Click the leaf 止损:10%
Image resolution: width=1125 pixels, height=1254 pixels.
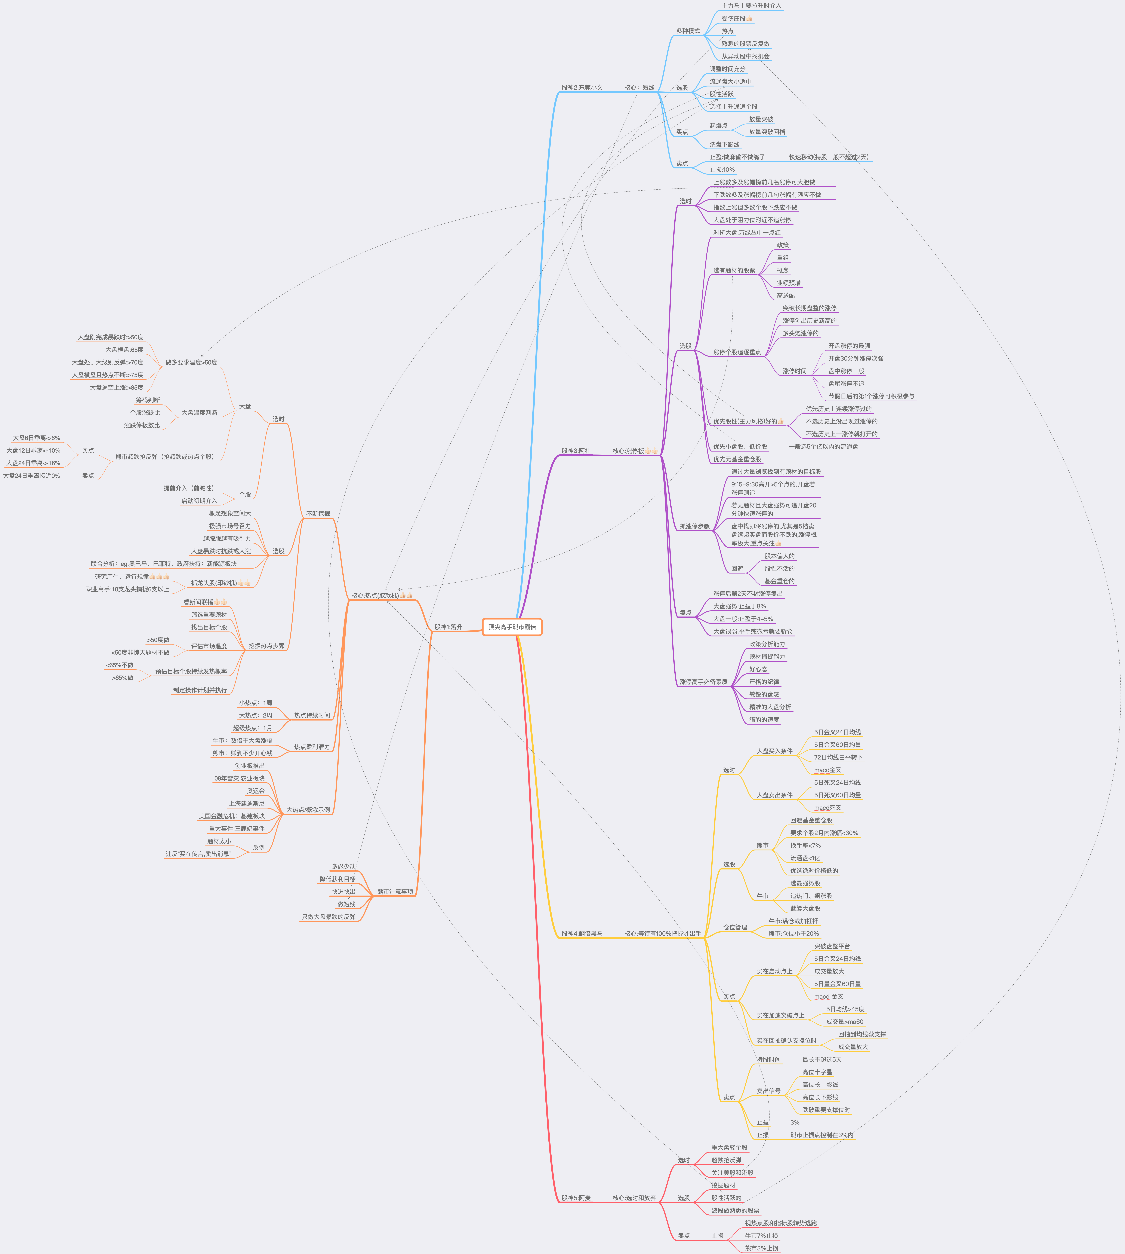click(x=722, y=169)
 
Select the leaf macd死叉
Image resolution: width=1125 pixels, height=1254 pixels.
click(x=827, y=808)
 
